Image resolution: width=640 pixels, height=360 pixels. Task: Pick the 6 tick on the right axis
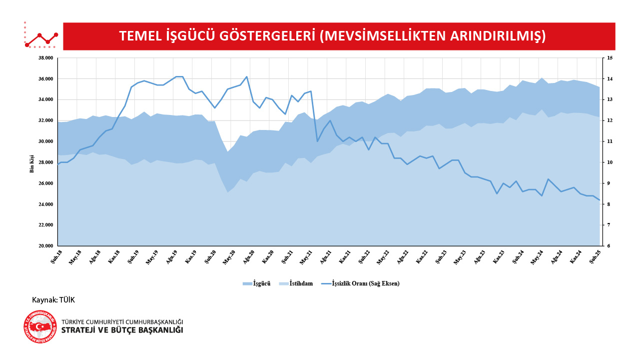(608, 246)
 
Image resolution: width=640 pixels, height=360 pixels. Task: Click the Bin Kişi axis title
(32, 163)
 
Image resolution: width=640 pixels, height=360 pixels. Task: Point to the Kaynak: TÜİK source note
(53, 300)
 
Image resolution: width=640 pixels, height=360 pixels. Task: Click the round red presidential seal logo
(40, 327)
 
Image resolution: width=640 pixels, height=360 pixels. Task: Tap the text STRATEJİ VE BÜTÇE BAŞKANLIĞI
(122, 330)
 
